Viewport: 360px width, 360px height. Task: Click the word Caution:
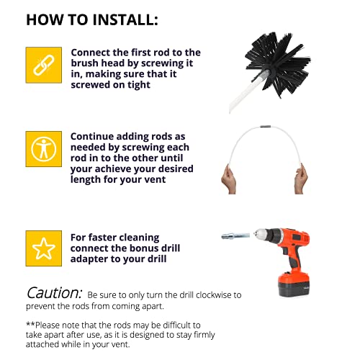pos(55,294)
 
